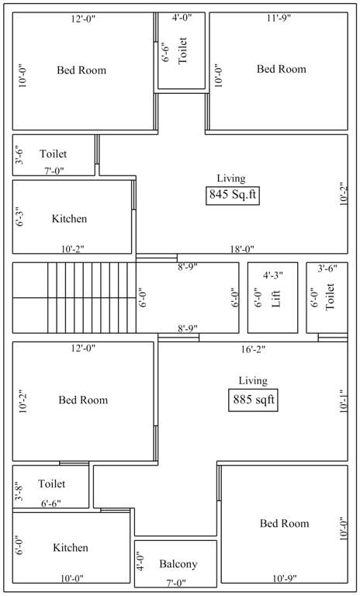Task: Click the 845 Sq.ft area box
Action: click(x=232, y=196)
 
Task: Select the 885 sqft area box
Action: click(x=253, y=400)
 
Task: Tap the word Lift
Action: click(x=275, y=299)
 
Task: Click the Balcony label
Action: click(x=175, y=564)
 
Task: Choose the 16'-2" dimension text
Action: click(x=253, y=350)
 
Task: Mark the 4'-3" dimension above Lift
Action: click(x=272, y=275)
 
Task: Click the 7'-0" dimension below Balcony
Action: click(x=175, y=582)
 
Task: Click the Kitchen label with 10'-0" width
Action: click(x=70, y=548)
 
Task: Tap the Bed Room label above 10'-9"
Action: click(x=284, y=523)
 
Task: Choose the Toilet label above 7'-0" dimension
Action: click(x=54, y=154)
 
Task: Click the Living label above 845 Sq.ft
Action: click(x=230, y=178)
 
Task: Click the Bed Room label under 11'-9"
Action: click(x=282, y=69)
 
